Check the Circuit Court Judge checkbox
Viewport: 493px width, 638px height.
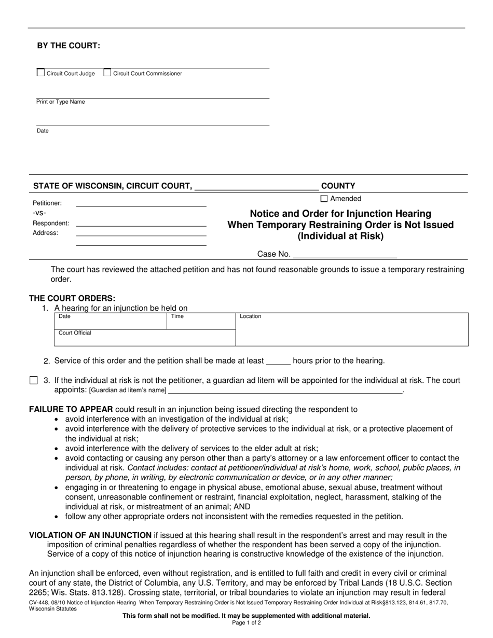(x=40, y=73)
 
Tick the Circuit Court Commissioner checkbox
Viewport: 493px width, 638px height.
(x=107, y=73)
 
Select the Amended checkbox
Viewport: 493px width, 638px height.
(x=324, y=199)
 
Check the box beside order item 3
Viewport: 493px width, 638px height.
(x=34, y=381)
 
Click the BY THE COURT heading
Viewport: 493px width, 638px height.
(x=69, y=46)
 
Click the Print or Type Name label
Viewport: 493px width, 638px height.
(x=61, y=102)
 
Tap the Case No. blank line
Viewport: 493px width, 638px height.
(x=345, y=254)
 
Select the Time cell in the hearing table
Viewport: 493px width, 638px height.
(x=201, y=321)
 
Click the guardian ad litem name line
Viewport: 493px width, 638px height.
(x=285, y=390)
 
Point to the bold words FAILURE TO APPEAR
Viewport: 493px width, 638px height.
(x=71, y=409)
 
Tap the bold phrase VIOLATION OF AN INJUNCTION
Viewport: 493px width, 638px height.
(x=90, y=535)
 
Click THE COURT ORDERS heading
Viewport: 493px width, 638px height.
(x=72, y=298)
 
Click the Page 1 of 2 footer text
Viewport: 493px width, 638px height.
(x=246, y=622)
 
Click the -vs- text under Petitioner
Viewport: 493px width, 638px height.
(x=39, y=213)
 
